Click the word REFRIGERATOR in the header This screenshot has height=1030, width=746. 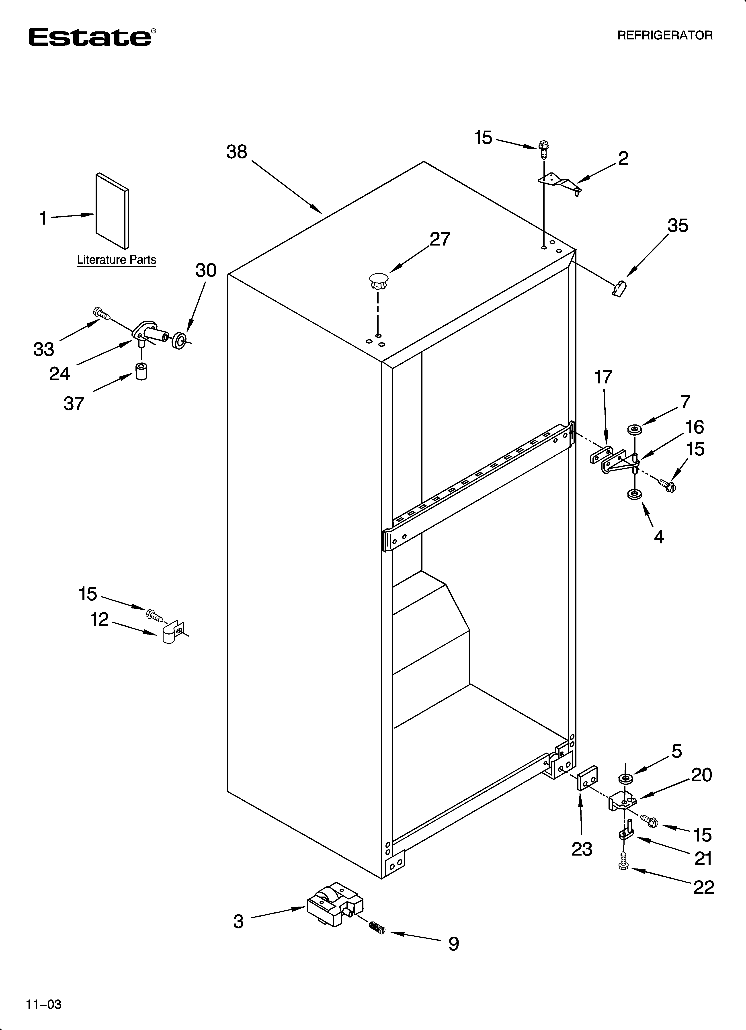(665, 35)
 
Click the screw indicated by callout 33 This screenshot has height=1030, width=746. (101, 313)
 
